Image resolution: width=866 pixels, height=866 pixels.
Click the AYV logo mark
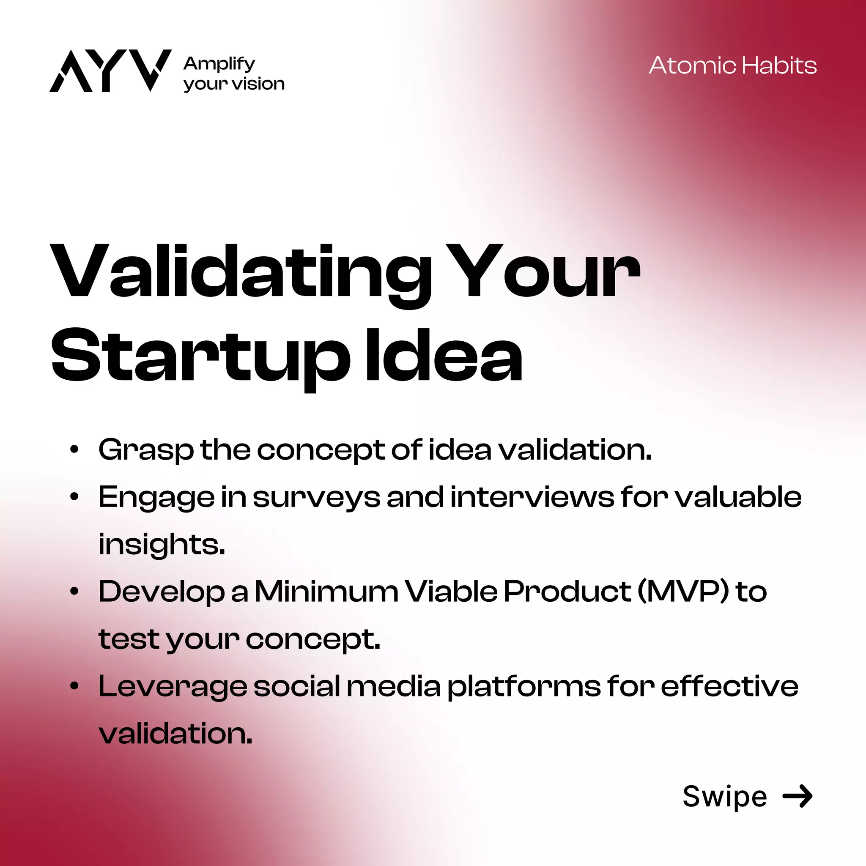(110, 70)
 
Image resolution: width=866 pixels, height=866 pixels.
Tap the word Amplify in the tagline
(219, 64)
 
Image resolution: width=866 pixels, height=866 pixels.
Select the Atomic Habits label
(732, 66)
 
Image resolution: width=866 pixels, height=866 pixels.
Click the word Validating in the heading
(240, 271)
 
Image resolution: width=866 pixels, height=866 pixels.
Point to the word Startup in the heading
(200, 356)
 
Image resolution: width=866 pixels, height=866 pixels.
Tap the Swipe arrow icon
(797, 796)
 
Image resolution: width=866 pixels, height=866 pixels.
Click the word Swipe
(724, 797)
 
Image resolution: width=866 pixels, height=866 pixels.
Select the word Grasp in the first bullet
(146, 449)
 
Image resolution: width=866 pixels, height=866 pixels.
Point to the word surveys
(316, 498)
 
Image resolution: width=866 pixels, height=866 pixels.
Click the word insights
(162, 544)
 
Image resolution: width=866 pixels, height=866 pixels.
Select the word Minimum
(326, 591)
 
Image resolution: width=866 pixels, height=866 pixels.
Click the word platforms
(524, 686)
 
